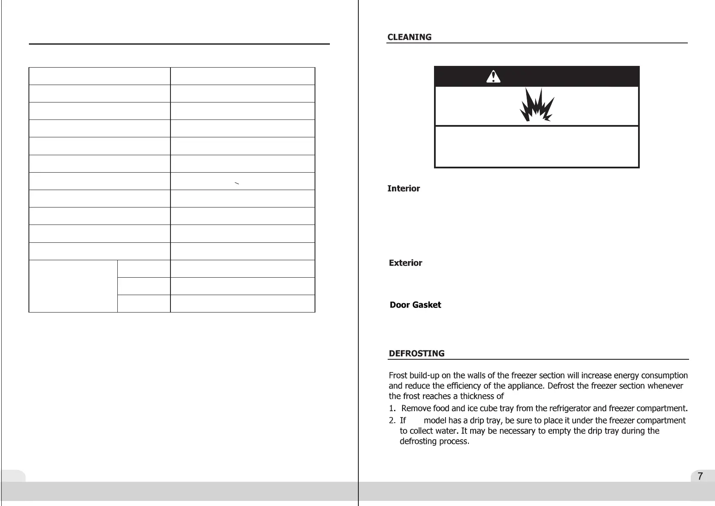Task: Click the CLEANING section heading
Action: click(x=409, y=37)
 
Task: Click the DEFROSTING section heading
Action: click(x=417, y=353)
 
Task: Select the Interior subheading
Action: click(x=403, y=188)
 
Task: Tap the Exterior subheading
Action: click(x=406, y=263)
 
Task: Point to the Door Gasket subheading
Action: click(x=415, y=305)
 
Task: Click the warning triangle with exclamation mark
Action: click(x=493, y=77)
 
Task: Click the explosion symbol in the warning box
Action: click(x=536, y=105)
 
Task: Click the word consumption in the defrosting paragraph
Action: click(x=664, y=375)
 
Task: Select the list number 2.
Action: click(x=392, y=421)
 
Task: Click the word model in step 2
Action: click(x=434, y=421)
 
